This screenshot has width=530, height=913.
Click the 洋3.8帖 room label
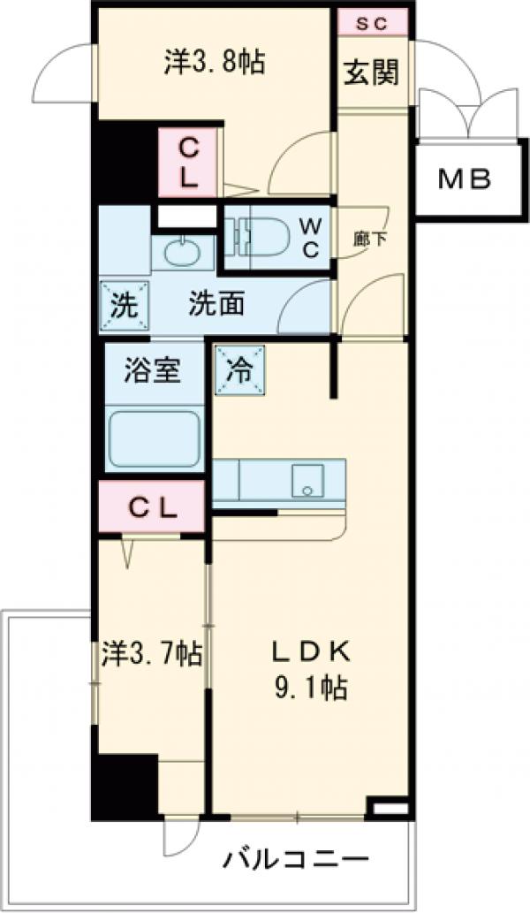216,63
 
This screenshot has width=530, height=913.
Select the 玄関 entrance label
371,72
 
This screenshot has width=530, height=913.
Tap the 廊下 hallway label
364,239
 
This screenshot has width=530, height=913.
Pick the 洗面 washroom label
216,306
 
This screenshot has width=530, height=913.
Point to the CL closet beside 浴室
152,508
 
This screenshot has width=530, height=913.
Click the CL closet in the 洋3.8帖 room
188,163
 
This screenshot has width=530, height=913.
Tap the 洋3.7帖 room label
151,655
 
